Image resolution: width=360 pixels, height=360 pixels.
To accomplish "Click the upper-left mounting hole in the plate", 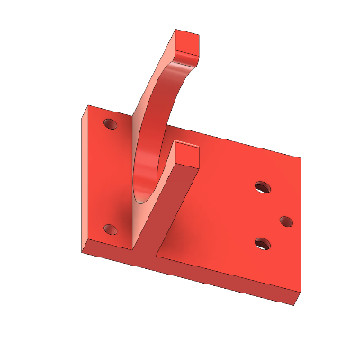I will pos(110,122).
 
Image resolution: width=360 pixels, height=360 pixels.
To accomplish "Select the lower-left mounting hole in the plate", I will pos(111,229).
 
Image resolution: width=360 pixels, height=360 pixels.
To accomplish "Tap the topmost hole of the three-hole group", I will pos(262,188).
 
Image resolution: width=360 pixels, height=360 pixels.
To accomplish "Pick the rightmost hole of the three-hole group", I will pos(286,220).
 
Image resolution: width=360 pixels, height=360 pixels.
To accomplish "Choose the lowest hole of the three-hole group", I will pos(263,243).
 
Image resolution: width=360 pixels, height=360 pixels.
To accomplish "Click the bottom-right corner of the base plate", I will pos(295,304).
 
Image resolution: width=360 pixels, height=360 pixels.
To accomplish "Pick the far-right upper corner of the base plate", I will pos(300,156).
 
